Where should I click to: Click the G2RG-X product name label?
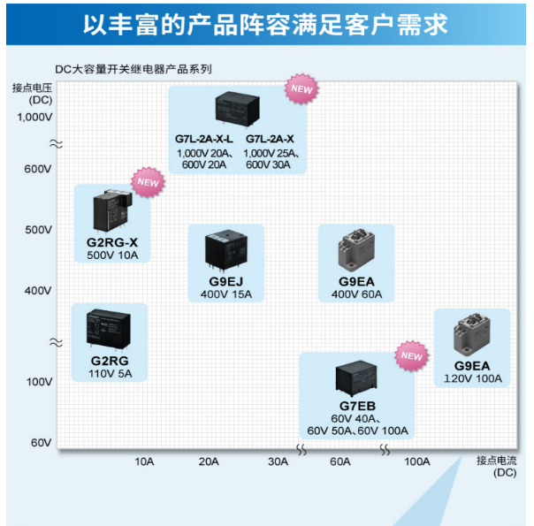click(x=111, y=242)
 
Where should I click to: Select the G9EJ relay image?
click(x=225, y=249)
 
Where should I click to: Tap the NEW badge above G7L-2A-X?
click(x=301, y=88)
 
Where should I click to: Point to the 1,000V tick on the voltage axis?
click(x=35, y=117)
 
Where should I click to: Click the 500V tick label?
click(x=37, y=229)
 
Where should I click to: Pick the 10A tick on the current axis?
click(x=144, y=461)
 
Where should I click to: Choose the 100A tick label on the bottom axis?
click(x=416, y=461)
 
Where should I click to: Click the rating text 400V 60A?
click(x=357, y=294)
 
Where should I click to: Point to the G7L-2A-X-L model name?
click(x=203, y=140)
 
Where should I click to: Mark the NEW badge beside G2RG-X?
click(x=148, y=182)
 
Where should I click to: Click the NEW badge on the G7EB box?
click(x=412, y=355)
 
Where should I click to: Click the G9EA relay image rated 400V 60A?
click(x=356, y=249)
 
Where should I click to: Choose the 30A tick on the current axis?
click(x=278, y=461)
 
